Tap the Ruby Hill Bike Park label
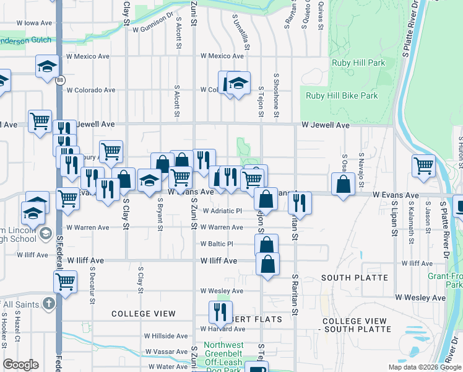click(342, 96)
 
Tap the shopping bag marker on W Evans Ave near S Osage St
click(343, 185)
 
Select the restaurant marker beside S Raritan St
click(300, 203)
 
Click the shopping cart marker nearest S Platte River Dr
click(423, 166)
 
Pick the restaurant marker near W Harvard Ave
click(219, 312)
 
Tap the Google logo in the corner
click(21, 365)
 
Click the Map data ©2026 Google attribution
click(424, 367)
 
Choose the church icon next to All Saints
click(49, 304)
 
